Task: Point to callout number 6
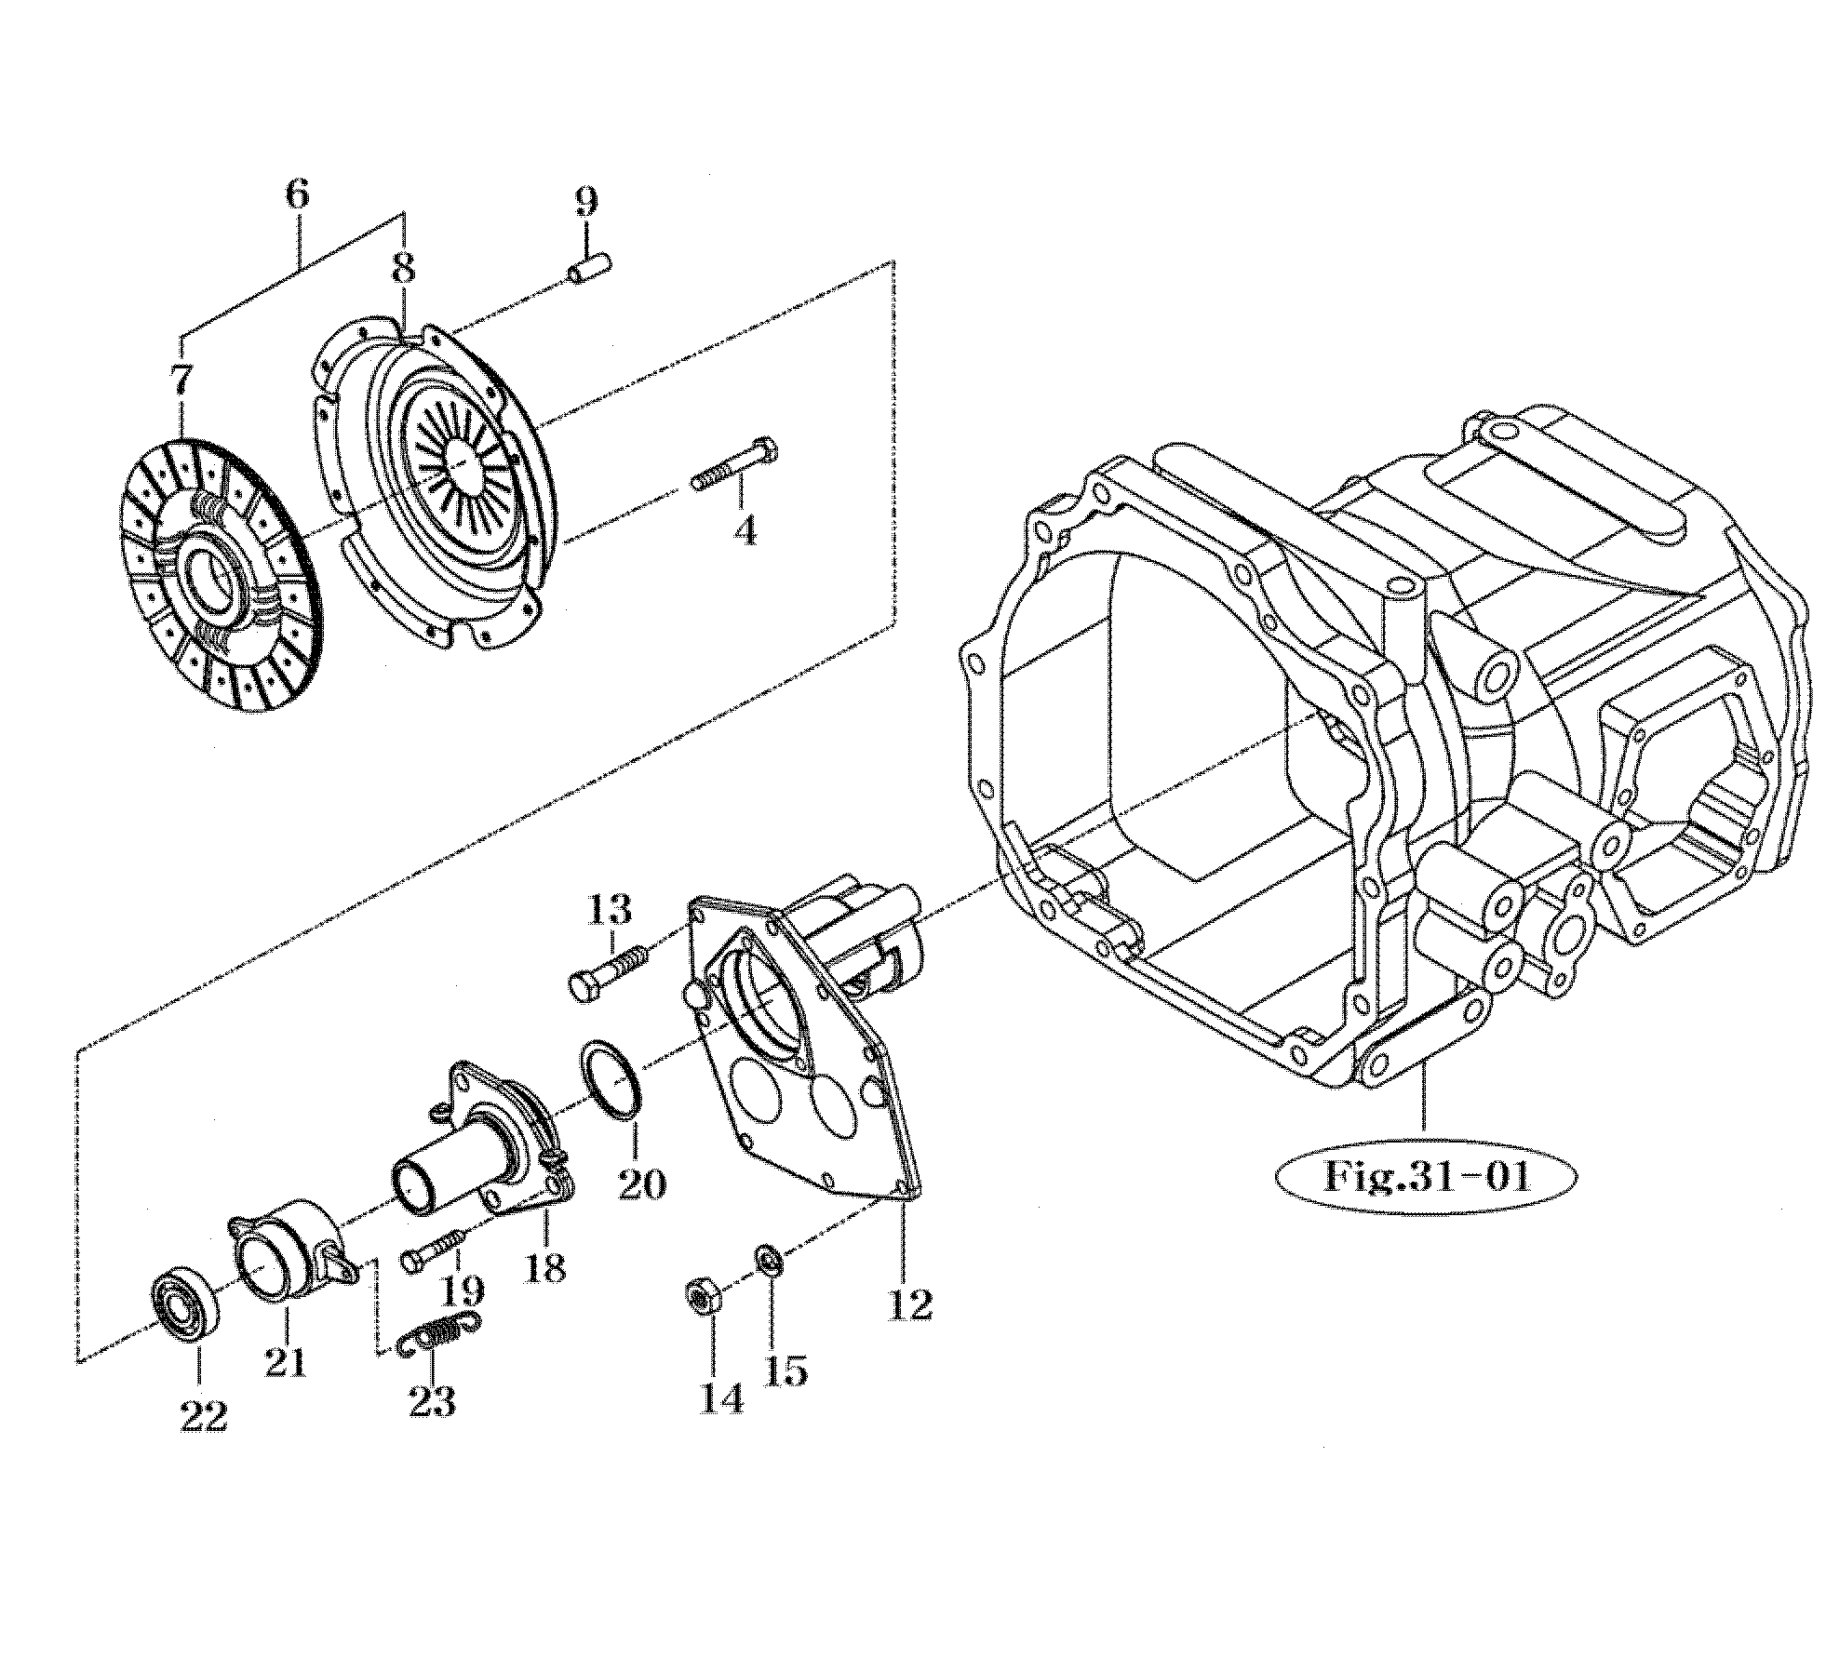tap(296, 195)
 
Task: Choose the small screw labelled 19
tap(435, 1250)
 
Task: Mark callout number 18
tap(546, 1266)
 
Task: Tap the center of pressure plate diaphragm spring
tap(463, 459)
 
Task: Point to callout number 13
tap(610, 905)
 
